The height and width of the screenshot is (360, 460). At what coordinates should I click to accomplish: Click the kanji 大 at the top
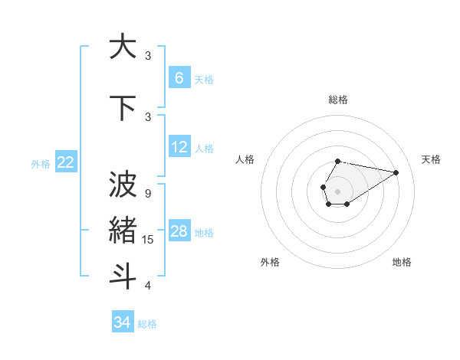tap(122, 47)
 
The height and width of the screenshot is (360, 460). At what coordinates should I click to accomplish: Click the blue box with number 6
tap(179, 77)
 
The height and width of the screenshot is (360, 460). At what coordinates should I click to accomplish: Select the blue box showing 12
tap(179, 147)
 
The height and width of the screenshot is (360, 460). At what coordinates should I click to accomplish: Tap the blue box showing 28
tap(179, 231)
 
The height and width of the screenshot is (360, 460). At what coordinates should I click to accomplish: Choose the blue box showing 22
tap(65, 162)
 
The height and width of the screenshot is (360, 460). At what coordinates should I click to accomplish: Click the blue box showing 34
tap(122, 322)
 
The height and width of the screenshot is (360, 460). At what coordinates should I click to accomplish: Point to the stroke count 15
tap(149, 240)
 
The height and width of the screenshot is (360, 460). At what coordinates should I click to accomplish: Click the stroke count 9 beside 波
tap(147, 193)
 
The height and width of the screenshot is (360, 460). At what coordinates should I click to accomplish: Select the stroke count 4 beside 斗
tap(147, 286)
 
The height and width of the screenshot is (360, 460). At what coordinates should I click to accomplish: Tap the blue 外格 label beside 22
tap(41, 163)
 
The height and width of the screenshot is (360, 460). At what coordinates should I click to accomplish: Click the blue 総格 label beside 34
tap(147, 324)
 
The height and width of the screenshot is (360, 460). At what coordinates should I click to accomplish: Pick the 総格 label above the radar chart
tap(337, 100)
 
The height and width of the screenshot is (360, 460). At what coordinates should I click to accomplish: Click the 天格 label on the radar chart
tap(431, 159)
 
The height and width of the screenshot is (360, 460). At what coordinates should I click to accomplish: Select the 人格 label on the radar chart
tap(245, 159)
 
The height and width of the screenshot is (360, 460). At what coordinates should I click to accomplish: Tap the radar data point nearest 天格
tap(396, 172)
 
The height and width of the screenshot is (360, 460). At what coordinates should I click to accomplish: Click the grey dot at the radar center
tap(337, 190)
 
